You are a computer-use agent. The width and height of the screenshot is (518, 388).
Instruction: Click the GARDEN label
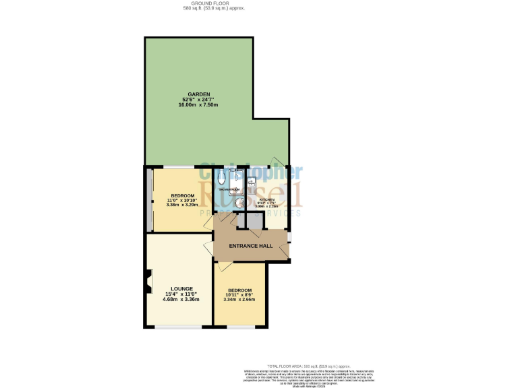pos(199,94)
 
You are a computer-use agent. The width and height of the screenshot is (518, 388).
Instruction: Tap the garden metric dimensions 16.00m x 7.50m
pos(199,105)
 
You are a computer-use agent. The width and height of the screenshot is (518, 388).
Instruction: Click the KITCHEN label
pos(267,200)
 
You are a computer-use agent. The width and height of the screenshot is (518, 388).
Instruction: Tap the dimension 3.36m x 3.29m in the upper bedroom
pos(182,204)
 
